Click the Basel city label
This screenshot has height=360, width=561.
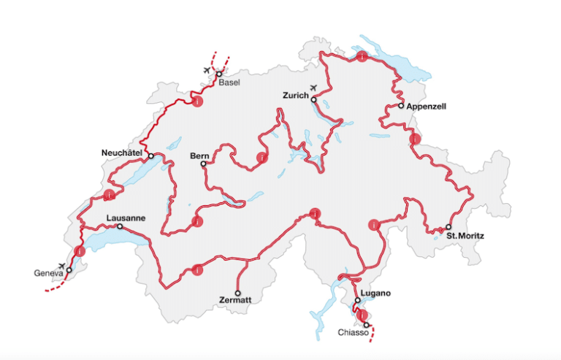[x=229, y=83]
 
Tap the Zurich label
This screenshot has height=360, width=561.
[x=296, y=96]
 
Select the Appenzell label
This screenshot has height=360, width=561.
[x=426, y=106]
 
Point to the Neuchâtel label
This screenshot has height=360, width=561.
[x=121, y=153]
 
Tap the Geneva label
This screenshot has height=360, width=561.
[x=48, y=274]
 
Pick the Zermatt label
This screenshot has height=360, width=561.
[x=234, y=299]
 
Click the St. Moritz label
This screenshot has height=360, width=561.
[x=465, y=236]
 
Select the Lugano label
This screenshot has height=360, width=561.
[x=377, y=293]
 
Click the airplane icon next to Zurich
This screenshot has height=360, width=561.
[x=315, y=88]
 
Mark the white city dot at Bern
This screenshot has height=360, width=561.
[x=204, y=164]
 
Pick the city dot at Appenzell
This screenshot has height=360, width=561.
[x=401, y=106]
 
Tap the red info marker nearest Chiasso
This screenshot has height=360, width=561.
[x=362, y=315]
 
